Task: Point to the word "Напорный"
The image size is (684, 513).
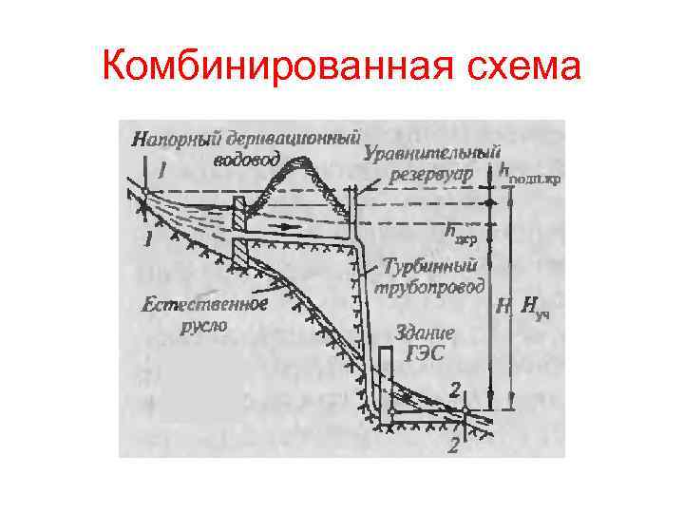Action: point(170,136)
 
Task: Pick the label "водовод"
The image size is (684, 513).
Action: point(246,159)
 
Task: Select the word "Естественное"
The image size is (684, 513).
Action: point(203,304)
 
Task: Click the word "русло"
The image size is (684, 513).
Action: point(204,324)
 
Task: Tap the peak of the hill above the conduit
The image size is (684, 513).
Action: point(303,167)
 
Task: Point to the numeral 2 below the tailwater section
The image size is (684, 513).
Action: point(455,445)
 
